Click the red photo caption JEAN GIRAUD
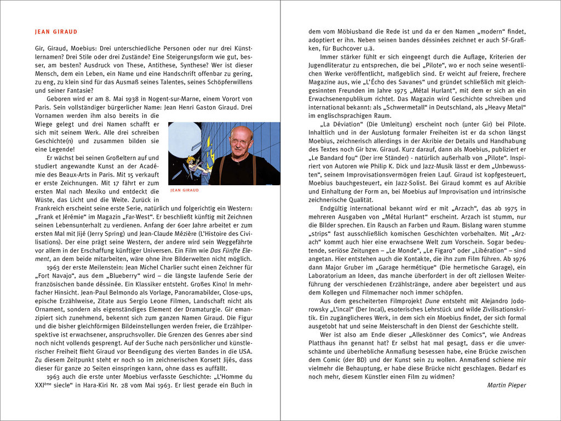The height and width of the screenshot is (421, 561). pyautogui.click(x=185, y=190)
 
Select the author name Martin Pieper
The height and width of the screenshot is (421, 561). pyautogui.click(x=507, y=385)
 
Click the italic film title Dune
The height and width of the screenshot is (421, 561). pyautogui.click(x=419, y=301)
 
